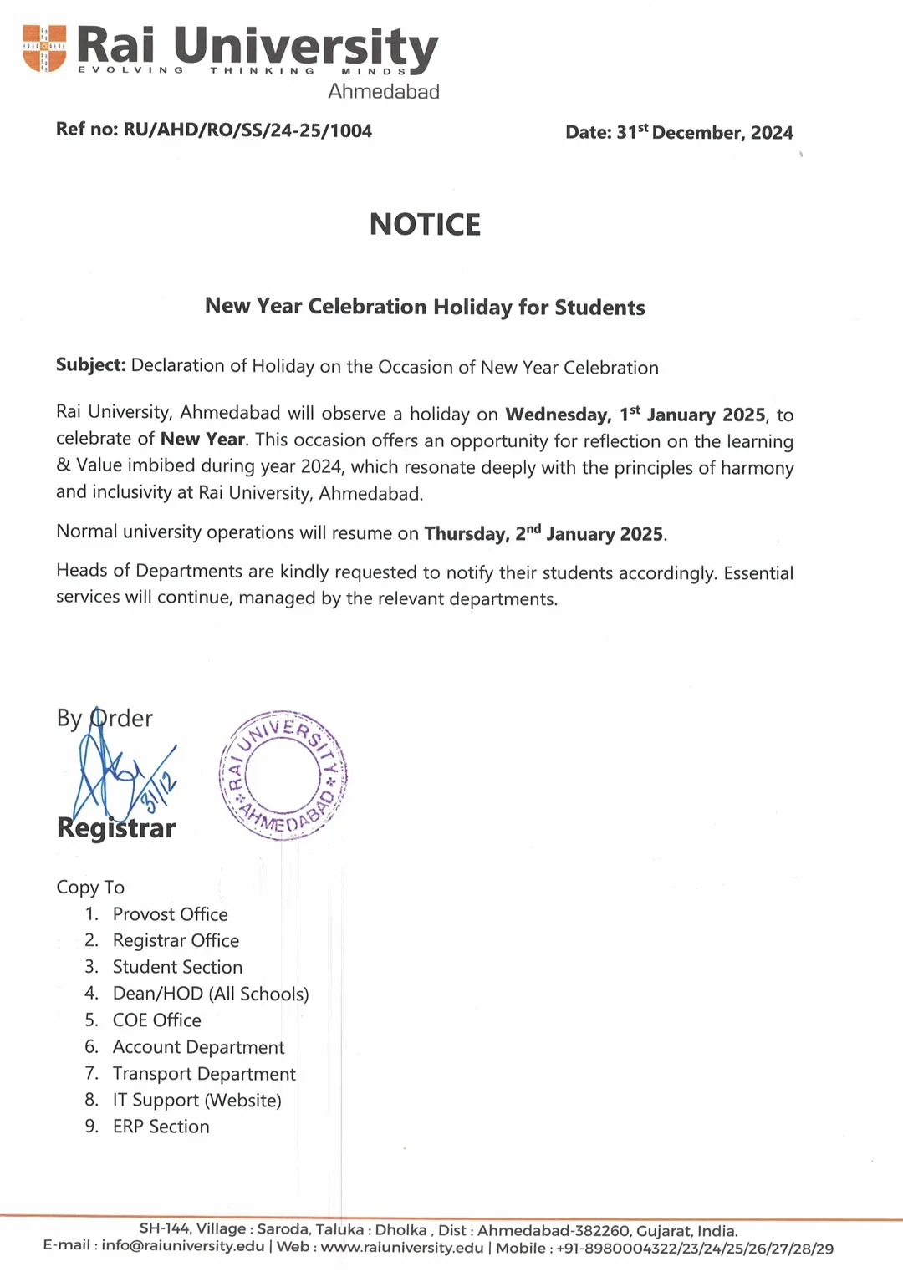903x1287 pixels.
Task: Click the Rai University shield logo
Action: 44,48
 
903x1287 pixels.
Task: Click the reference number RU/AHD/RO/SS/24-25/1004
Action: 247,130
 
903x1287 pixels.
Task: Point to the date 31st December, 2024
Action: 705,133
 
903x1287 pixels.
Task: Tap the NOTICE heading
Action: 425,225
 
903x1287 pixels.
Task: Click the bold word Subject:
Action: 90,365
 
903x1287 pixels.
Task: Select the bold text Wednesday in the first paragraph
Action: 558,415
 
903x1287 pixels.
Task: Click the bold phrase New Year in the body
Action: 202,440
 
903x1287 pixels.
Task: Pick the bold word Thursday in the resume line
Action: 466,534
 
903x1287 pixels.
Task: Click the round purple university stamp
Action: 283,776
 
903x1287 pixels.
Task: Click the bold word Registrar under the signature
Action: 116,828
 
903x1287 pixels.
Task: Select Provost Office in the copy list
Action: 170,914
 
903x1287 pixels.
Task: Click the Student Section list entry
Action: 177,967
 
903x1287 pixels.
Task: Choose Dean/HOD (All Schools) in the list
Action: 211,994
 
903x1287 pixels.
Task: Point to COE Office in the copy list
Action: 157,1020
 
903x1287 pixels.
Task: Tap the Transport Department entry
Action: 204,1074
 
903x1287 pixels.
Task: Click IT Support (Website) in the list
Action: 197,1101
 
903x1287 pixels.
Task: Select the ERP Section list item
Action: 161,1127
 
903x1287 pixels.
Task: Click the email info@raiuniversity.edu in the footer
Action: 183,1246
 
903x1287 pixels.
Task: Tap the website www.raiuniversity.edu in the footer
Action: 402,1248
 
